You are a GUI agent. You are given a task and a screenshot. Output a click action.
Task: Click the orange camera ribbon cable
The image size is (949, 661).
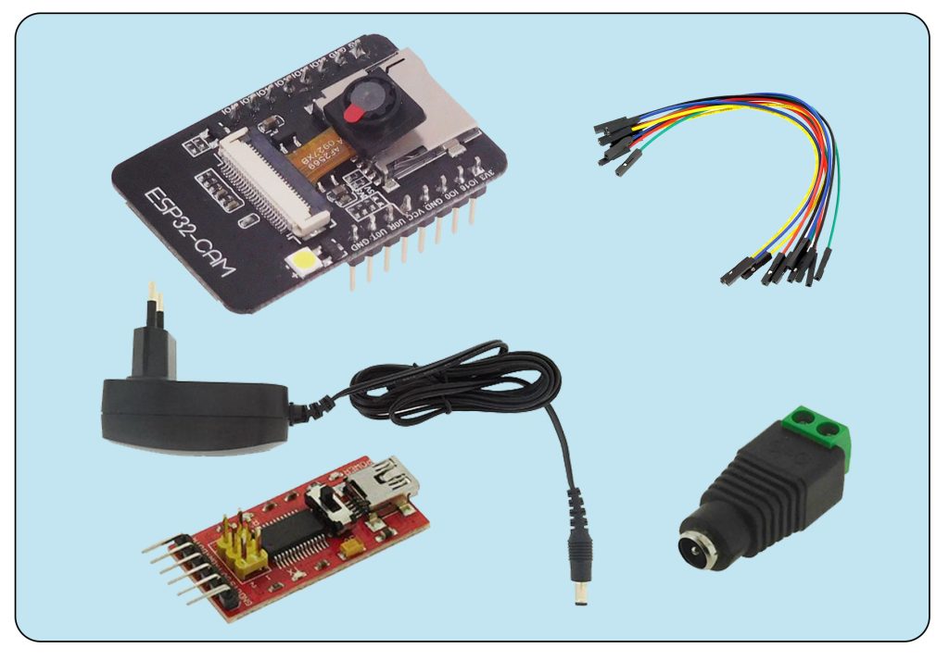click(320, 157)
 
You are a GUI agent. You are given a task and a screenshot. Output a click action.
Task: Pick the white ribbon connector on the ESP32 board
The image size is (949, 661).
click(273, 181)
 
